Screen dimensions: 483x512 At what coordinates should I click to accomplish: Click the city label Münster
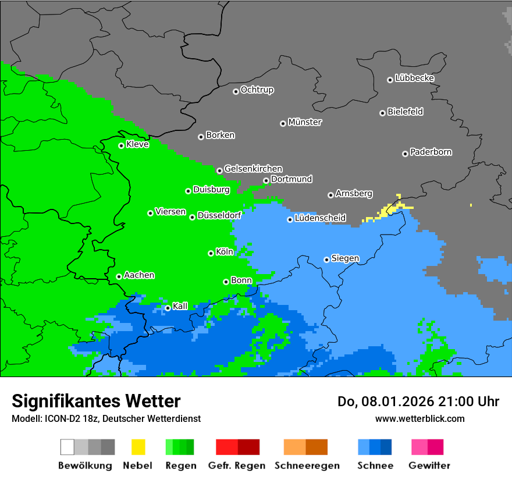coord(304,122)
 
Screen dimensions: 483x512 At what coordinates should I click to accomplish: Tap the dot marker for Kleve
coord(121,145)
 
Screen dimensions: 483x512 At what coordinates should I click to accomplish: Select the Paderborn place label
coord(431,152)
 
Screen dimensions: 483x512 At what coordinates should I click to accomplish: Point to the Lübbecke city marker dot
coord(390,80)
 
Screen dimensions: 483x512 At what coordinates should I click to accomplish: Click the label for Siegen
coord(345,258)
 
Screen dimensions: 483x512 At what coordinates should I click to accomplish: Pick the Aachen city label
coord(139,275)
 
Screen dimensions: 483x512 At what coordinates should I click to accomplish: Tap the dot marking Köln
coord(211,253)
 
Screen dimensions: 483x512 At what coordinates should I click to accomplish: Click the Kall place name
coord(180,306)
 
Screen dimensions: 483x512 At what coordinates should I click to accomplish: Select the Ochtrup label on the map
coord(257,90)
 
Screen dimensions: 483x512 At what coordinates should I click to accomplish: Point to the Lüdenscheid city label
coord(320,218)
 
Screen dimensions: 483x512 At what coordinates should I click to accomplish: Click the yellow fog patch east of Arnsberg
coord(391,209)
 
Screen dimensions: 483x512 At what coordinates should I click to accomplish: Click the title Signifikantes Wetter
coord(96,401)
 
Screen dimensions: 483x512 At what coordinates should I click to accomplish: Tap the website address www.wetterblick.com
coord(419,418)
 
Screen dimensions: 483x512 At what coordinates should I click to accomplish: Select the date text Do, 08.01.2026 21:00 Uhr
coord(418,402)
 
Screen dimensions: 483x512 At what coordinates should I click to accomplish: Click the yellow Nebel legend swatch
coord(138,447)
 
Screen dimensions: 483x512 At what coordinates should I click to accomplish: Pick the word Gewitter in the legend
coord(429,466)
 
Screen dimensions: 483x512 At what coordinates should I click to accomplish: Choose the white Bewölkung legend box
coord(67,447)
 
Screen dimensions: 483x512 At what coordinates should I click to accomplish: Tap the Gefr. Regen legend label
coord(236,466)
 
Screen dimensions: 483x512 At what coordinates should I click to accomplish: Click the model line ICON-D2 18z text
coord(106,418)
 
